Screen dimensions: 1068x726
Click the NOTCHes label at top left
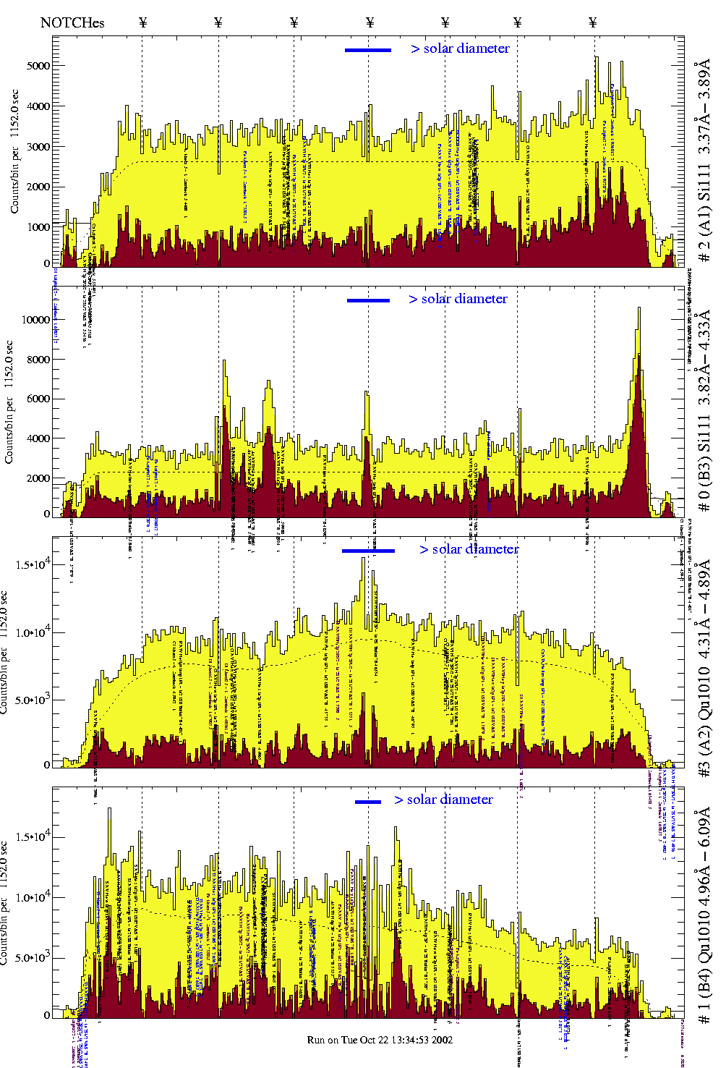coord(72,22)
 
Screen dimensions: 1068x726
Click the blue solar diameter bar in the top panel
coord(368,50)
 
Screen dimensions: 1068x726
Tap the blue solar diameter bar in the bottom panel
coord(368,802)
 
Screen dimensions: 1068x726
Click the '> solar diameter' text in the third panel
coord(469,549)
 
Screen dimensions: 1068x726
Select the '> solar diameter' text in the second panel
coord(458,299)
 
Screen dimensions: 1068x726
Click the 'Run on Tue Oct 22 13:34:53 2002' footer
coord(380,1040)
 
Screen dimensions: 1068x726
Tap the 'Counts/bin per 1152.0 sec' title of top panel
coord(14,152)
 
